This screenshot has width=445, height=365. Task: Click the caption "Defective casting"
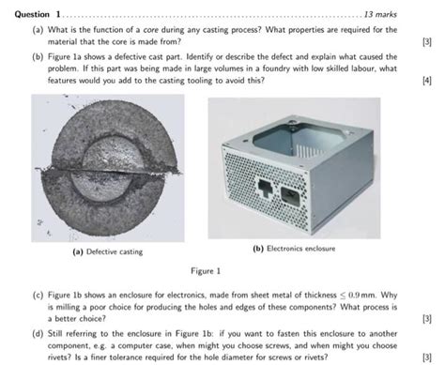pyautogui.click(x=107, y=251)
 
